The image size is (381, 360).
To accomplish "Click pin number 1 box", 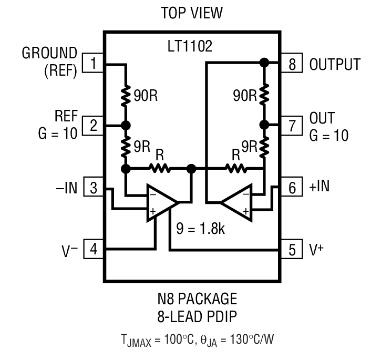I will (93, 65).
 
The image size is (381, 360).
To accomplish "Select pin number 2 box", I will (93, 126).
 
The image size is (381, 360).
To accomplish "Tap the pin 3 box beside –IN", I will (93, 187).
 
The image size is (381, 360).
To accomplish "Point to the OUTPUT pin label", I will (335, 65).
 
